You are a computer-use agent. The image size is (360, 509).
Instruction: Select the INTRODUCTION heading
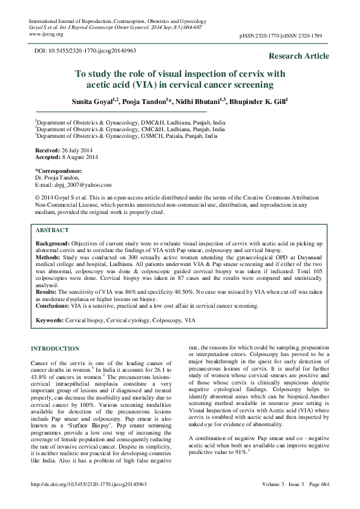(54, 349)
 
